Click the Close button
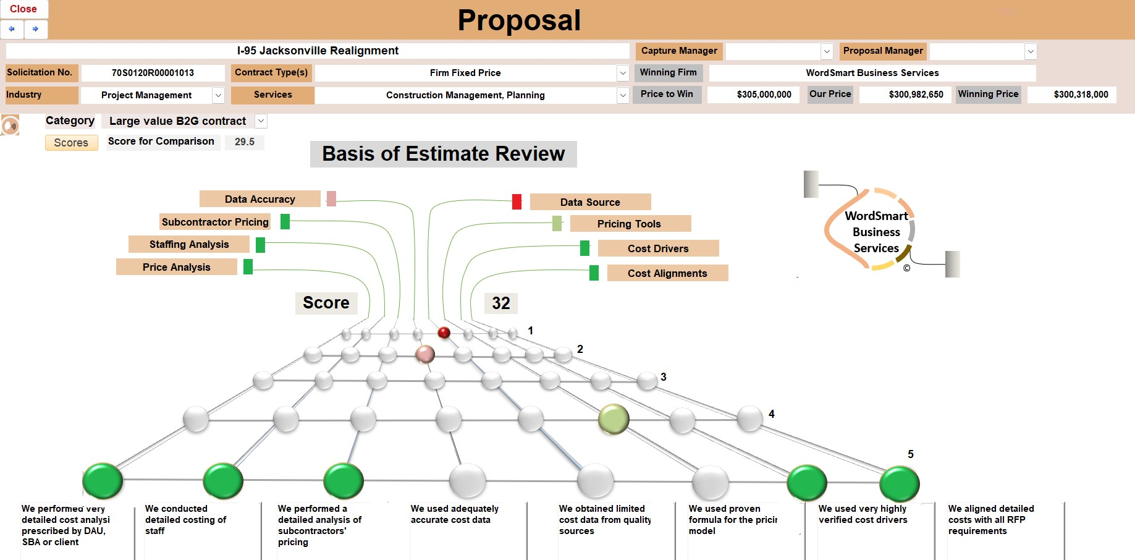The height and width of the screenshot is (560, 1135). click(x=23, y=9)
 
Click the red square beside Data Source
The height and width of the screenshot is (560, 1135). click(x=517, y=202)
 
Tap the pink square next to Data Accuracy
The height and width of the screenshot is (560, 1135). click(x=331, y=199)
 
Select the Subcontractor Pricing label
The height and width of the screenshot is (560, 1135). click(x=215, y=222)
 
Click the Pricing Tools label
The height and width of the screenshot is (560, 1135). click(x=630, y=224)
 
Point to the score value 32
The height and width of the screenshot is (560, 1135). click(x=500, y=303)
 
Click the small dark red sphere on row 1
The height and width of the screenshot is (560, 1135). click(x=444, y=333)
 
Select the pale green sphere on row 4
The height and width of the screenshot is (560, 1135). click(x=614, y=419)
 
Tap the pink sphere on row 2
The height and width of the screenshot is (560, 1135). click(x=425, y=354)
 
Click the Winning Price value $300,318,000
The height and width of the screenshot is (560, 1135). click(x=1080, y=95)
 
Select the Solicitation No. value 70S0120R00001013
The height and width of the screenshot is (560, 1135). click(x=153, y=73)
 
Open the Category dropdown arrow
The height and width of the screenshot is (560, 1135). click(x=261, y=121)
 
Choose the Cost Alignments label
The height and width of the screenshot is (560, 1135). click(x=667, y=273)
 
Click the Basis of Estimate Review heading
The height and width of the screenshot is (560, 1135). click(x=443, y=154)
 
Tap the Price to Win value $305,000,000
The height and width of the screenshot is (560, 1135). click(x=764, y=95)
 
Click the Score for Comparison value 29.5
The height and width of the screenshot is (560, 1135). click(x=245, y=142)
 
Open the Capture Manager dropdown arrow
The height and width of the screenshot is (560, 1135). click(x=827, y=51)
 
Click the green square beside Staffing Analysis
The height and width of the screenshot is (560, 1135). click(x=260, y=245)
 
